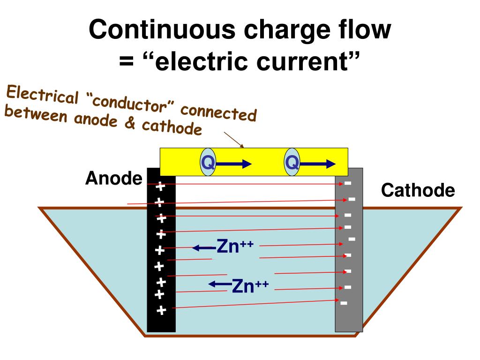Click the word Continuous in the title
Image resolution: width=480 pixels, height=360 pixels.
[x=162, y=30]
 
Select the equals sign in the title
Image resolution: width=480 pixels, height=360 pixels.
[x=127, y=61]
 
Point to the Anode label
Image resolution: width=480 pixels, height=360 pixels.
[x=114, y=178]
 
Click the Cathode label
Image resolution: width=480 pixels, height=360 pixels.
[x=418, y=190]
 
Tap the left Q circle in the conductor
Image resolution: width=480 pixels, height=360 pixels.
[x=208, y=162]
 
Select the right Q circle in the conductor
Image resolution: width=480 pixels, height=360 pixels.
[x=292, y=162]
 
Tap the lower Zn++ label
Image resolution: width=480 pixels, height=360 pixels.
[x=250, y=285]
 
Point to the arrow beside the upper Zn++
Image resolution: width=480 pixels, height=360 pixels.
[x=204, y=247]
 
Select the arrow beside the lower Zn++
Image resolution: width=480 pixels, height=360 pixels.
[x=220, y=285]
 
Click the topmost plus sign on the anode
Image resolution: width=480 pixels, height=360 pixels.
[x=160, y=187]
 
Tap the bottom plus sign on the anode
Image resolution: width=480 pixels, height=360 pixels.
[x=161, y=310]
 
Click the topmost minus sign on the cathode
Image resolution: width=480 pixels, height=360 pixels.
[x=348, y=183]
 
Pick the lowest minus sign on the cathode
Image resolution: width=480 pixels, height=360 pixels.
[x=344, y=303]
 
